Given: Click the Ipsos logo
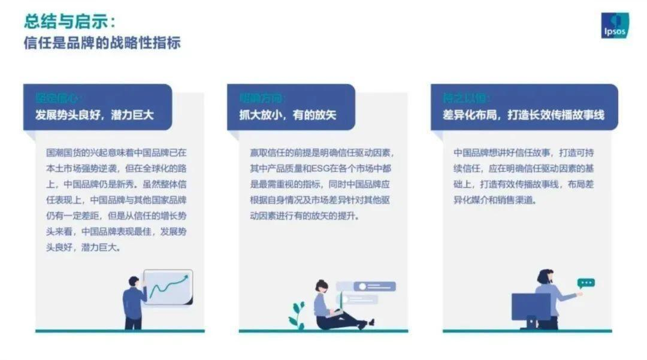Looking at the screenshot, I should (x=615, y=25).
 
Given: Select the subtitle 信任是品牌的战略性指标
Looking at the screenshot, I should (x=102, y=44).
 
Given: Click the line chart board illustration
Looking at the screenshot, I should (x=168, y=287).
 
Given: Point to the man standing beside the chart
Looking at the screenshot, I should (x=134, y=302).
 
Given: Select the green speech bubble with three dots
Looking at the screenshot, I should (x=585, y=283).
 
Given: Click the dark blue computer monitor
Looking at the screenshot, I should (x=530, y=308).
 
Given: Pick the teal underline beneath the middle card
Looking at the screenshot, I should (x=323, y=331).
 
